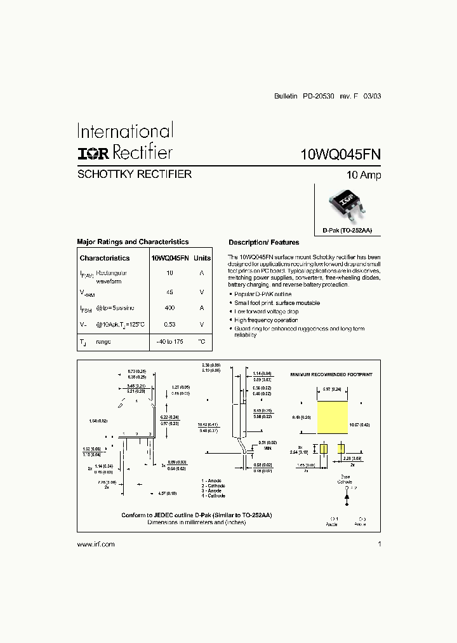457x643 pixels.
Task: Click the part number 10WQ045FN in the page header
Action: (x=341, y=154)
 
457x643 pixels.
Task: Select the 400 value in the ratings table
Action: (x=169, y=308)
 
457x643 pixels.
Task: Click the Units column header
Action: (x=202, y=259)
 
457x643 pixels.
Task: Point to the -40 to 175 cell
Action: (x=169, y=342)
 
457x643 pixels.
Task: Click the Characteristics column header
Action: (x=105, y=259)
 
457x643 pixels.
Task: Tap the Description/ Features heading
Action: (x=263, y=243)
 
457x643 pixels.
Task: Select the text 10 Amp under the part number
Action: (x=364, y=175)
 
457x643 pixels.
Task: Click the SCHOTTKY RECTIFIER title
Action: (x=134, y=174)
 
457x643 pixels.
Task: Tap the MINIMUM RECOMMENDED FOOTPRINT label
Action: (x=330, y=376)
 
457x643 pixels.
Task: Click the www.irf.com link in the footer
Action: (x=96, y=545)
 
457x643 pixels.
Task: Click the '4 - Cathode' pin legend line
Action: (x=214, y=496)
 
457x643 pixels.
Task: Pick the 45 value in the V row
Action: (x=169, y=292)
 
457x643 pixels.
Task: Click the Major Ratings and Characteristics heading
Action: (x=133, y=242)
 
